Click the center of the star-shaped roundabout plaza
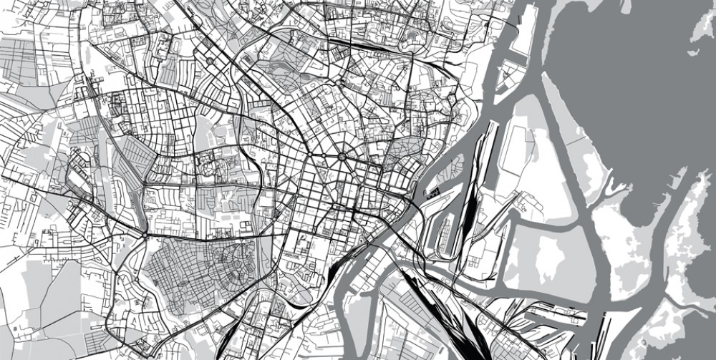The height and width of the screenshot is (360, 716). click(x=342, y=156)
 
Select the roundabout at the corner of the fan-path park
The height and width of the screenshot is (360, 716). click(x=146, y=235)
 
